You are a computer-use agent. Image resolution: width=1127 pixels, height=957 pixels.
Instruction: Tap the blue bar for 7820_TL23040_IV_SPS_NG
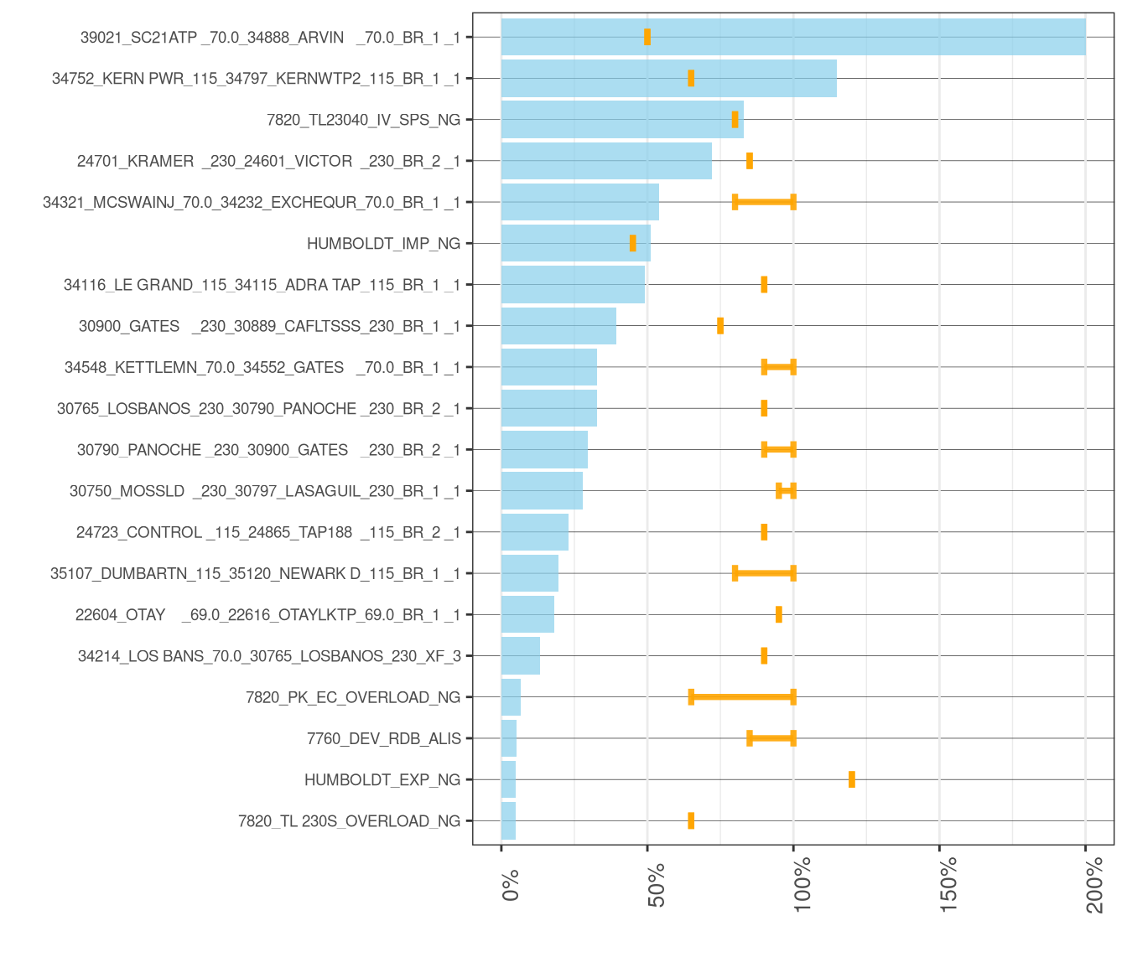point(621,120)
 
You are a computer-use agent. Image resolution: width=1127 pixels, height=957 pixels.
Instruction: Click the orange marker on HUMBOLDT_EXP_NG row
point(852,779)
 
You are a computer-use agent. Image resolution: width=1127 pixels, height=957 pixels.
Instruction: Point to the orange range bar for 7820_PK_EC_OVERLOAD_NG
point(742,697)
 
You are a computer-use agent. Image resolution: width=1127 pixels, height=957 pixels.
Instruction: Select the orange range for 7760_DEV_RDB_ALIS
point(771,738)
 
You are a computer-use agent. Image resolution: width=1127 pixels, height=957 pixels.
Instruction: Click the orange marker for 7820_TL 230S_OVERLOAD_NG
point(691,821)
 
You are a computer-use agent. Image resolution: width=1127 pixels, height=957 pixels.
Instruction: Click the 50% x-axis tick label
point(657,884)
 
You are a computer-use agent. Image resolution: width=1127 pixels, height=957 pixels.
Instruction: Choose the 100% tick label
point(802,883)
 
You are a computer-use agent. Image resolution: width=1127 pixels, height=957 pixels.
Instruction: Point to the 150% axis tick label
point(948,883)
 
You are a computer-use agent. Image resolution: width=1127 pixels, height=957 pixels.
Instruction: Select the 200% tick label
point(1094,883)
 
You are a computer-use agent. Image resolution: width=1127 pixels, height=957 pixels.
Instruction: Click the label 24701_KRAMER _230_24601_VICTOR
point(268,161)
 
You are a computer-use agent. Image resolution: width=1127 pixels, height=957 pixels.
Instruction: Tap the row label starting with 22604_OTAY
point(267,615)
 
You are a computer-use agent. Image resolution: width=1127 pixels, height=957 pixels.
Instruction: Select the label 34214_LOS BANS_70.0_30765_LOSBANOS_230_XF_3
point(269,656)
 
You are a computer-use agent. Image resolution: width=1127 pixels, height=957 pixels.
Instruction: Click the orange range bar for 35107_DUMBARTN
point(764,573)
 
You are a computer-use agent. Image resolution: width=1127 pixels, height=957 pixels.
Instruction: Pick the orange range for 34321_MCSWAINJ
point(764,202)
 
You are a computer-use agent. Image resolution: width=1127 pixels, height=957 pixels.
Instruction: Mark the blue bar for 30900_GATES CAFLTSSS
point(558,326)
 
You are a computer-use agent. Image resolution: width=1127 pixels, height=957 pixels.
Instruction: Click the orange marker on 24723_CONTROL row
point(764,532)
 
